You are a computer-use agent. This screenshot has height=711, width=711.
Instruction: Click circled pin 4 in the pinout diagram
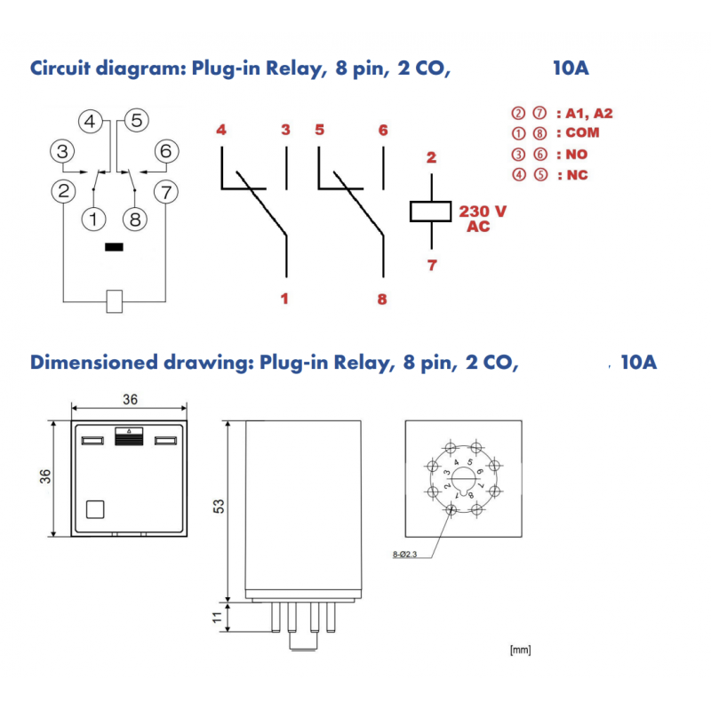click(92, 121)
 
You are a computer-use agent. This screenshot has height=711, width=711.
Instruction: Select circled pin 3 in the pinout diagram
click(61, 151)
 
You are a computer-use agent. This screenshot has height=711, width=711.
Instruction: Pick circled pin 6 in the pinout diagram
click(165, 151)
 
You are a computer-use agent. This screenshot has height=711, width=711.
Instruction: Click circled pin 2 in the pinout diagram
click(62, 190)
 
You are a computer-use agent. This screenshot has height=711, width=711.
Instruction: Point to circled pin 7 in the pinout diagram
click(165, 190)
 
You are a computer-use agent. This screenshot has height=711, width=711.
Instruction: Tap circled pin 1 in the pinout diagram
click(92, 218)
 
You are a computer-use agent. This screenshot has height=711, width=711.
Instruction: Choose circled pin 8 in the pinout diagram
click(136, 218)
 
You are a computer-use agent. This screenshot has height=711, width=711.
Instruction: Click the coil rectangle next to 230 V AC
click(431, 212)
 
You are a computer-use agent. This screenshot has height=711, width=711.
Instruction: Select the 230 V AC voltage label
click(483, 219)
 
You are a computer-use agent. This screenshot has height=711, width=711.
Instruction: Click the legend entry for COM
click(555, 133)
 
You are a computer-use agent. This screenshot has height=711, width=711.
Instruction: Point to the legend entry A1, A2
click(562, 113)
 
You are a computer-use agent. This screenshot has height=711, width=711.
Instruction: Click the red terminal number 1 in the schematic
click(284, 299)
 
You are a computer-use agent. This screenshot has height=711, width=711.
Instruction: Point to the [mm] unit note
click(520, 651)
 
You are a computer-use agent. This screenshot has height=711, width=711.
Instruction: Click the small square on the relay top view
click(95, 509)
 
